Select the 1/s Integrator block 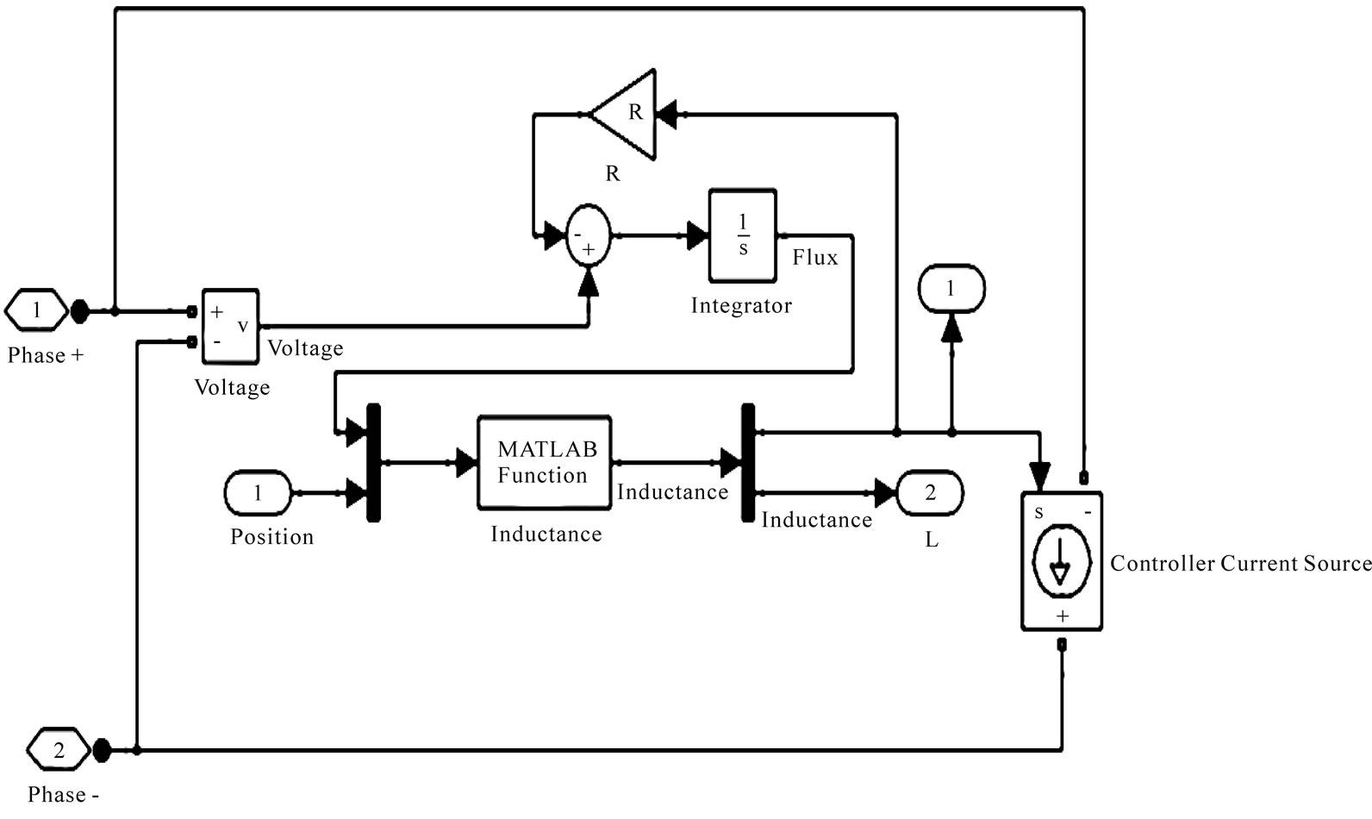pyautogui.click(x=742, y=236)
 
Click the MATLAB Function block pyautogui.click(x=545, y=463)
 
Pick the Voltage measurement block pyautogui.click(x=230, y=326)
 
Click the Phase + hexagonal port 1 pyautogui.click(x=36, y=310)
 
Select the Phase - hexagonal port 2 pyautogui.click(x=58, y=750)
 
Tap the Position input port pyautogui.click(x=258, y=494)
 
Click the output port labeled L pyautogui.click(x=930, y=493)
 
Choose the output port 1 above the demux pyautogui.click(x=951, y=289)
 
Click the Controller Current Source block pyautogui.click(x=1061, y=561)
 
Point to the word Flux pyautogui.click(x=814, y=258)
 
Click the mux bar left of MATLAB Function pyautogui.click(x=373, y=463)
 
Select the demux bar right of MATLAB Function pyautogui.click(x=747, y=463)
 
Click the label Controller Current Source pyautogui.click(x=1239, y=564)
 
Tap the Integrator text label pyautogui.click(x=741, y=306)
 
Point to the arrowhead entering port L pyautogui.click(x=886, y=493)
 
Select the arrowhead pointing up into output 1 pyautogui.click(x=951, y=327)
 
